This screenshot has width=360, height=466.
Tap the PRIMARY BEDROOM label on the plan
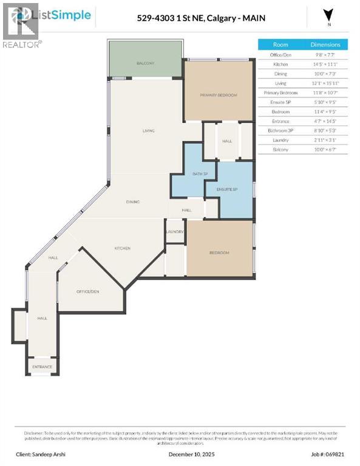click(219, 95)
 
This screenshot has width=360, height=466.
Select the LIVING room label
click(148, 130)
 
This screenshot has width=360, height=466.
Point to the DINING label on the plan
click(133, 201)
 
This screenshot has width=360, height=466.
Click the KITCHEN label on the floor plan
click(123, 248)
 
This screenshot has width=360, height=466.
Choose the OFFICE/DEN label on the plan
click(87, 291)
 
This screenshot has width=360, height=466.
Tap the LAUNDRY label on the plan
click(175, 232)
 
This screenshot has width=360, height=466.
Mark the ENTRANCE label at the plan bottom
click(42, 367)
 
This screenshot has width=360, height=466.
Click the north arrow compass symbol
click(328, 15)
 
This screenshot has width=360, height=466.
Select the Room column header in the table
click(280, 44)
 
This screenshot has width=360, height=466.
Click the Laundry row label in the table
click(280, 140)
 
